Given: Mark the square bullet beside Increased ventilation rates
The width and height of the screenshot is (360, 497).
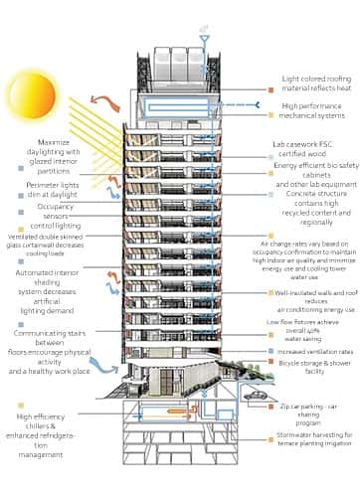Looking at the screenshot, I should coord(270,351).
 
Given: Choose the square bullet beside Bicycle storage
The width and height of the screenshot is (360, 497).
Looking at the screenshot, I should coord(270,366).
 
